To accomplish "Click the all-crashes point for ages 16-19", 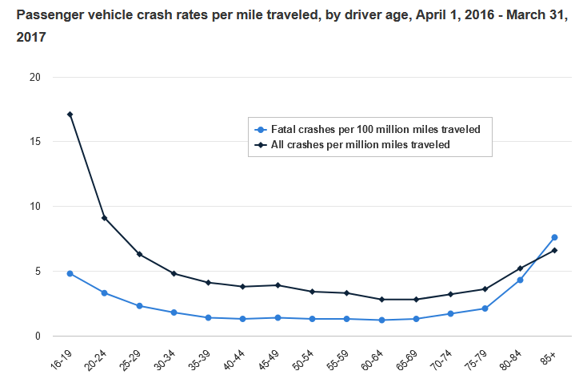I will point(70,114).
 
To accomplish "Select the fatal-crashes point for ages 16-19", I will point(70,273).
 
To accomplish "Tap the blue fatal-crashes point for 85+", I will point(554,237).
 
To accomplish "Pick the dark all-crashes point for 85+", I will point(554,250).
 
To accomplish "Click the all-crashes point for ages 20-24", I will point(105,218).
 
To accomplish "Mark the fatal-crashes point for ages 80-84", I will point(520,280).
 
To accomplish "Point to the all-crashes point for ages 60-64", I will point(381,300).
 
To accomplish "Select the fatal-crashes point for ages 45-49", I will point(278,318).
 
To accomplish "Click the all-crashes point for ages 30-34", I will point(174,273).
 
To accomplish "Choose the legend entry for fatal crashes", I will point(375,129).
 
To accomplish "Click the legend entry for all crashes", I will point(361,145).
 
